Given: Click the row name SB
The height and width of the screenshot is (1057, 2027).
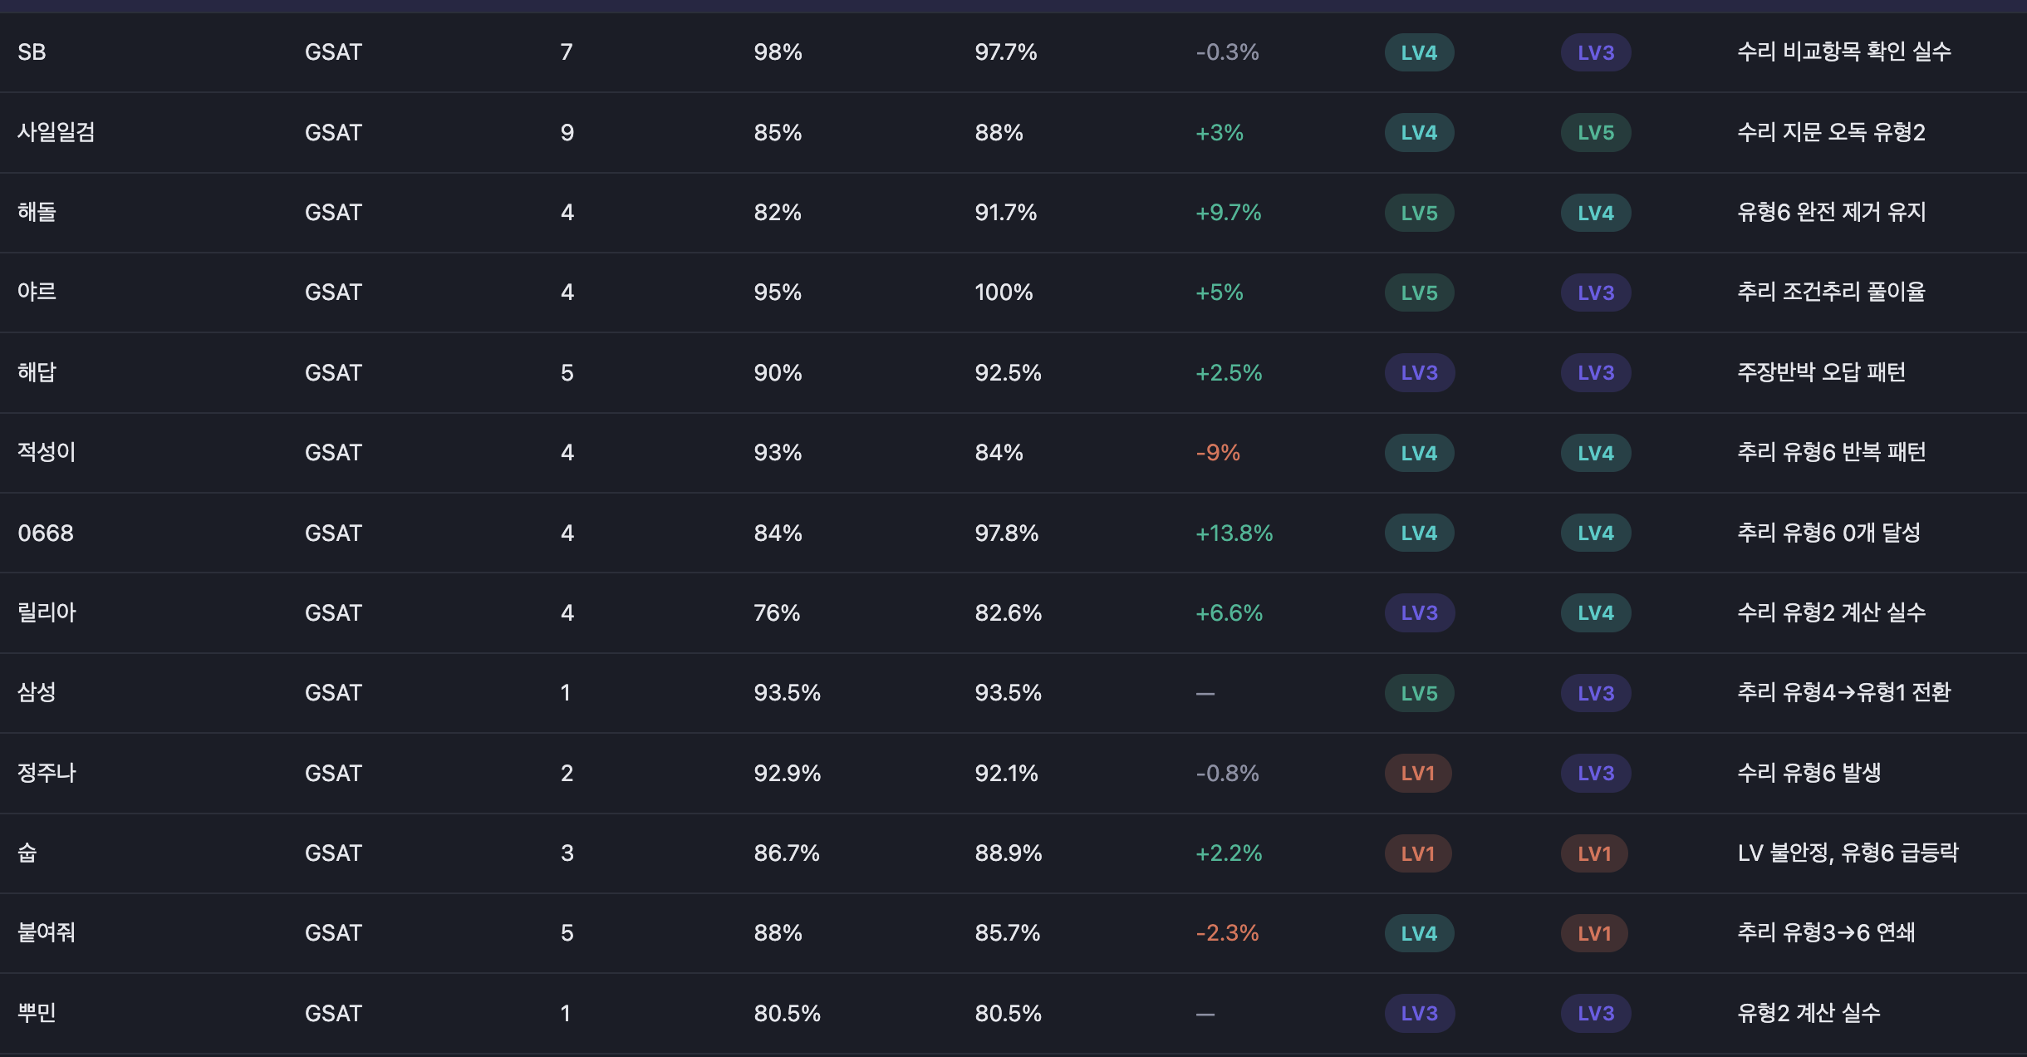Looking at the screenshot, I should coord(32,52).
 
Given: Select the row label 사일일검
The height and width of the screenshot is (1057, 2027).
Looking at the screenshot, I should coord(56,132).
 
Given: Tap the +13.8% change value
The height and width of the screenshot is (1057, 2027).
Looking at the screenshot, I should coord(1234,533).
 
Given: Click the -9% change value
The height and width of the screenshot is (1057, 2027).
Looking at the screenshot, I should coord(1217,453).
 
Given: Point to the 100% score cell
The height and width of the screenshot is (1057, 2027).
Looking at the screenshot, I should coord(1004,293).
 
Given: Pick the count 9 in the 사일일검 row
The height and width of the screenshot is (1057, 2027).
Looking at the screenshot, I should coord(567,133).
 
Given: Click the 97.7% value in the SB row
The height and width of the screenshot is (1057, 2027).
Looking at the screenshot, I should coord(1005,52).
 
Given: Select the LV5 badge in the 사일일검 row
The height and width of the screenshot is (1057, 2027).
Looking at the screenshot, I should coord(1595,133).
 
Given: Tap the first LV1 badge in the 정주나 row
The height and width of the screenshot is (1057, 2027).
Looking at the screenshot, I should coord(1417,774).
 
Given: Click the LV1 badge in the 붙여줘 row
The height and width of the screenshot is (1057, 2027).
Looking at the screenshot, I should coord(1593,933).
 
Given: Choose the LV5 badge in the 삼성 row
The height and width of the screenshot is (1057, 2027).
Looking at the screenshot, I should coord(1419,693).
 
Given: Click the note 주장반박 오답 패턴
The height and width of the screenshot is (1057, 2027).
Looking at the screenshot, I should coord(1821,372).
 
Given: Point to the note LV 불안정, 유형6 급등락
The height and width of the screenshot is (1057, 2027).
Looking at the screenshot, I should coord(1848,853).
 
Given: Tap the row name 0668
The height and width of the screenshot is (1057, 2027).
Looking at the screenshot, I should coord(46,533).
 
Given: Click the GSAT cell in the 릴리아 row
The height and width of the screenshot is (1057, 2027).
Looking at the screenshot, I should coord(333,613).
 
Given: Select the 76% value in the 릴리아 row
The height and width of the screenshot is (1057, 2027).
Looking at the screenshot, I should coord(777,613).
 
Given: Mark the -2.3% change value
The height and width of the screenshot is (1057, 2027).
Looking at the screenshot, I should coord(1227,933).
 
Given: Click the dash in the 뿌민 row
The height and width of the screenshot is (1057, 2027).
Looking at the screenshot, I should coord(1205,1014).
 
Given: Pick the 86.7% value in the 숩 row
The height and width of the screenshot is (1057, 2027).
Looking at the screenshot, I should coord(786,853).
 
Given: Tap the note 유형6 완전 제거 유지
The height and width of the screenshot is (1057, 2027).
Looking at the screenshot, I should coord(1831,213).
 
